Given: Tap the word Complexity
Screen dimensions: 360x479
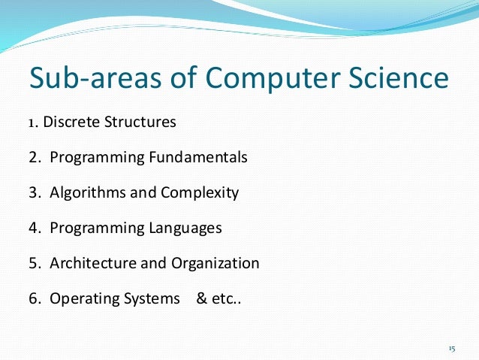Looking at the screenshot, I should [x=199, y=194].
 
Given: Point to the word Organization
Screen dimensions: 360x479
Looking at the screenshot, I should [x=215, y=264].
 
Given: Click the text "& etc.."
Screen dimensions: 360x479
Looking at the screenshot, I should [x=219, y=298].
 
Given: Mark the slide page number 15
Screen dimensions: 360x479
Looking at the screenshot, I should [x=451, y=349].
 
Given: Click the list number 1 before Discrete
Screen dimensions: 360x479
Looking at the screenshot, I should [x=33, y=122].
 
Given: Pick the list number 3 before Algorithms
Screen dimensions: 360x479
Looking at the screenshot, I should [x=34, y=193].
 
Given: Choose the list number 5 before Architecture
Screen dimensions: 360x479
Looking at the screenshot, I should [x=34, y=263].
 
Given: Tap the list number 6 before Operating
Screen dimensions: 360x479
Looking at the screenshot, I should [x=34, y=298].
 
